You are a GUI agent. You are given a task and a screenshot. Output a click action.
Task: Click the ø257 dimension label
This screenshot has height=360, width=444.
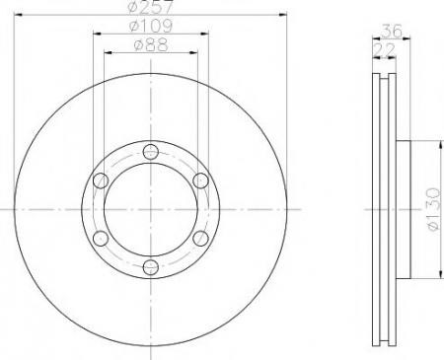(150, 9)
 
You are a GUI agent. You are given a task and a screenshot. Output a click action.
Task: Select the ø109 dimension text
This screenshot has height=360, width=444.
(150, 27)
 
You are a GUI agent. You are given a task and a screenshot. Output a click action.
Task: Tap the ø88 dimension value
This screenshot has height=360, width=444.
(150, 44)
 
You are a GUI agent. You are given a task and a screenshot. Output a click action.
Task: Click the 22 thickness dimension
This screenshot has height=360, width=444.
(380, 46)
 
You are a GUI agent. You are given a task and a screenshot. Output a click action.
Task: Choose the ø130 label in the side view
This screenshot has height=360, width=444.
(433, 208)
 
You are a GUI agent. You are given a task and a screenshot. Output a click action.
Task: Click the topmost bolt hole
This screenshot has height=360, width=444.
(149, 151)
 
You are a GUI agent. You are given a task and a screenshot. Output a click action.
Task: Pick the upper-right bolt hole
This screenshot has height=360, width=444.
(199, 180)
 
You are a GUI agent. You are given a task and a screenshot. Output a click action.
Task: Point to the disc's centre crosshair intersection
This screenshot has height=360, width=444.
(149, 209)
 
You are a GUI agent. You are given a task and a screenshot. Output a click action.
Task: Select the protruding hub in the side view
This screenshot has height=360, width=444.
(403, 209)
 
